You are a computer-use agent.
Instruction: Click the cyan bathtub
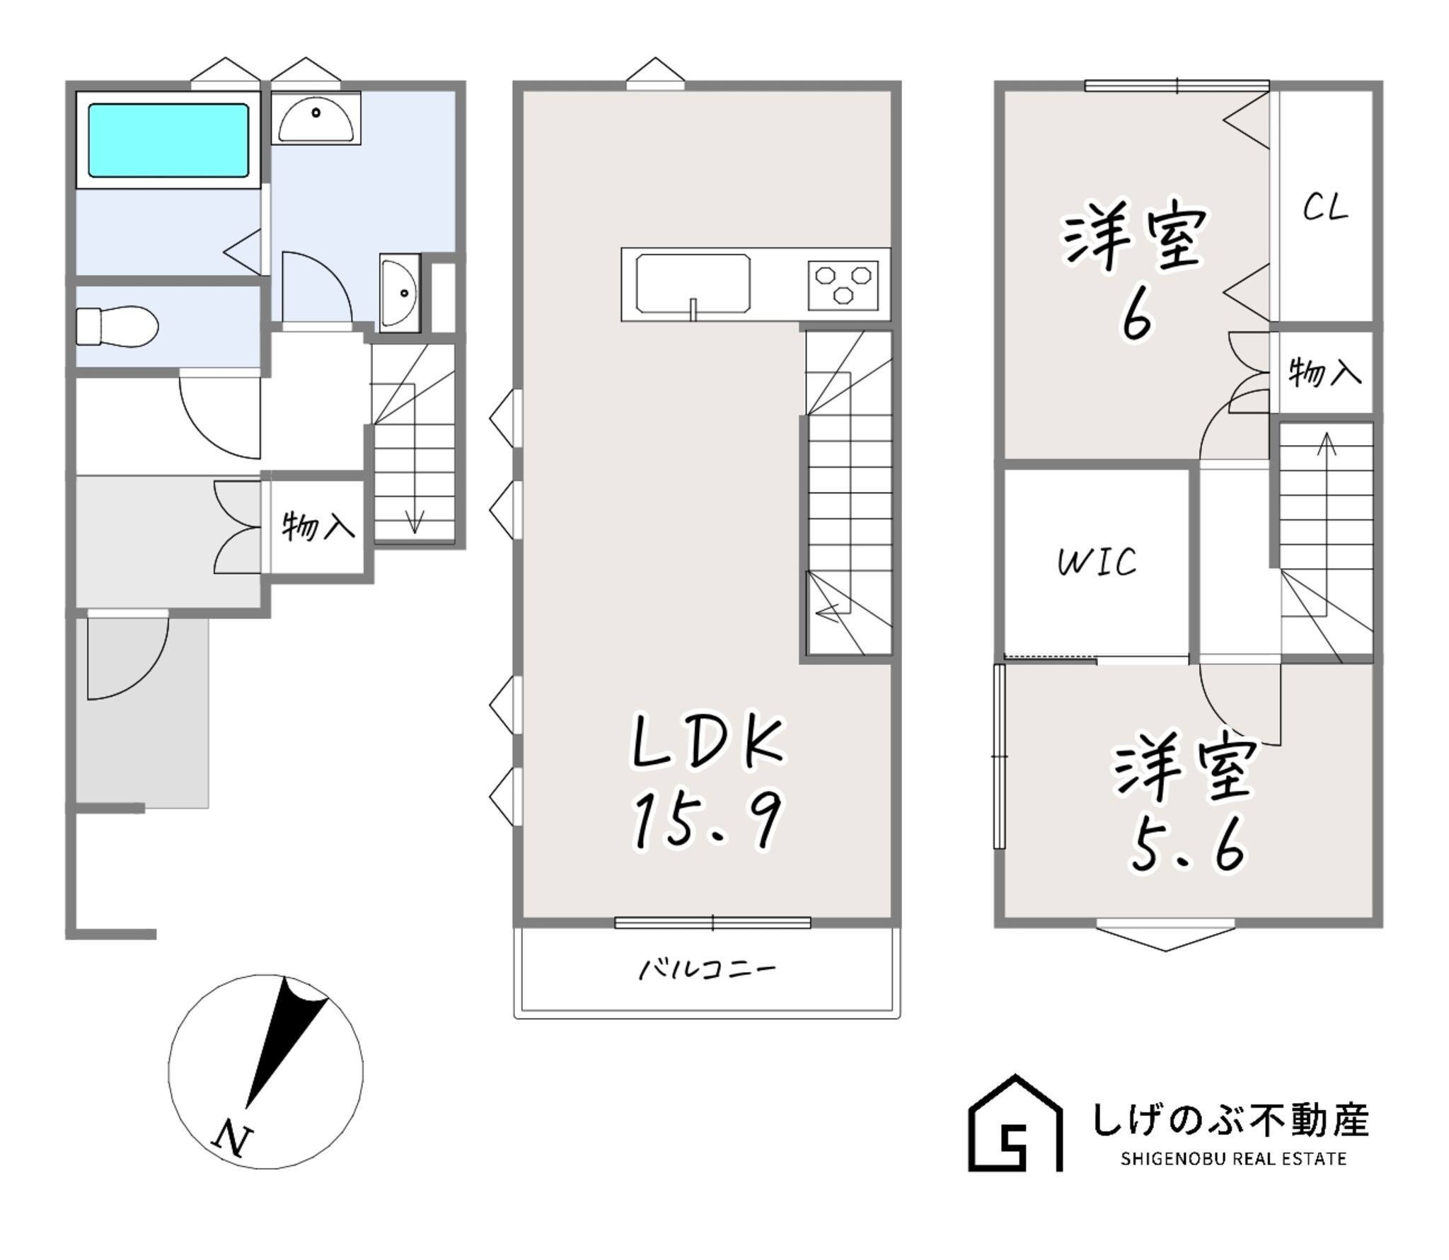168,140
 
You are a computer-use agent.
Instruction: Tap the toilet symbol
117,326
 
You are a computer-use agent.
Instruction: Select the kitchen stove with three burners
843,285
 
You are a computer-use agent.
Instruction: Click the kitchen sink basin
693,284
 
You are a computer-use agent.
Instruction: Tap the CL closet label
1325,207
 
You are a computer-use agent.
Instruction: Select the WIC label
1097,562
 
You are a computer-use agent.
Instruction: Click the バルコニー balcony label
708,968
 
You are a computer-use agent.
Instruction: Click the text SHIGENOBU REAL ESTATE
1233,1159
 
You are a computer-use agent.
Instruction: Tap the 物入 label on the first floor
318,526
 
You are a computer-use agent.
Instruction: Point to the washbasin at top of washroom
316,118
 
